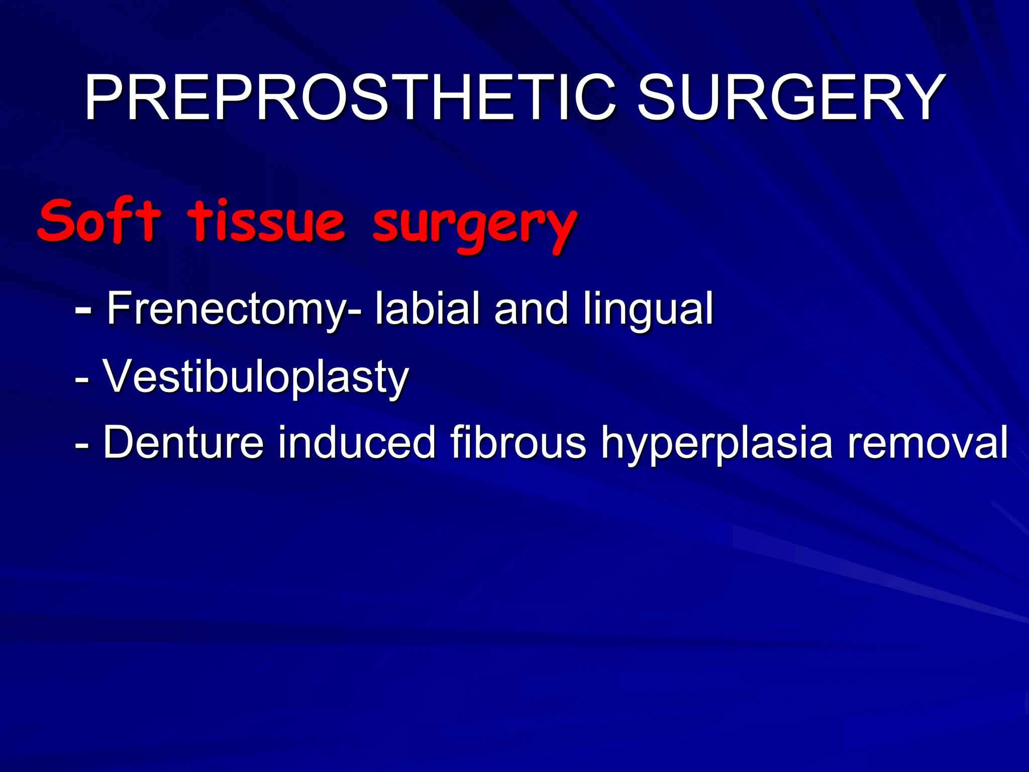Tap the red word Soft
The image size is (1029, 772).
(99, 221)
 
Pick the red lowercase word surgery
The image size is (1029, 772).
(474, 224)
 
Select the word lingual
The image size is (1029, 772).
(648, 311)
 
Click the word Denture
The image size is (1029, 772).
(183, 442)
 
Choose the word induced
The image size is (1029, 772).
(357, 442)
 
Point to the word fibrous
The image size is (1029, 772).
(518, 442)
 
